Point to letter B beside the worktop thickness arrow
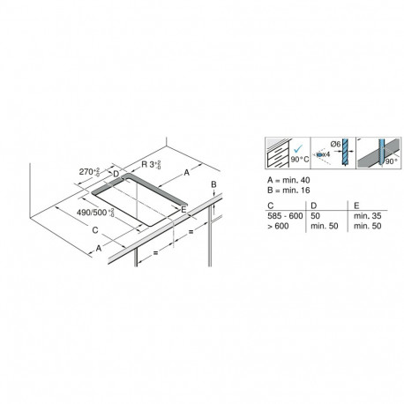[x=213, y=183]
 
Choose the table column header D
[x=313, y=206]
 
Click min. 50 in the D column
[x=322, y=226]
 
